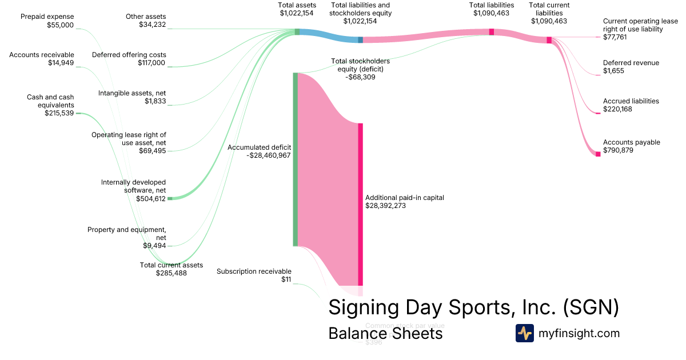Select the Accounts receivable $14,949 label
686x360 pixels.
(42, 59)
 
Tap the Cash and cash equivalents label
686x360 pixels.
(50, 105)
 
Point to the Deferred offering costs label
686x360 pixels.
(129, 59)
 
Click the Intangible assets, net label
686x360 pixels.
(131, 97)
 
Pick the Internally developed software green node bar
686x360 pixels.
(169, 198)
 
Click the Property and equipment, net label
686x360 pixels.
(126, 237)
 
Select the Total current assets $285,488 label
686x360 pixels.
(171, 269)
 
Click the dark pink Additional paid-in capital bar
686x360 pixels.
(360, 203)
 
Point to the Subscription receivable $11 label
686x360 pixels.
(254, 275)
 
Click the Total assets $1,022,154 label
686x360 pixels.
(297, 9)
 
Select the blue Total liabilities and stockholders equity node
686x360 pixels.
(360, 39)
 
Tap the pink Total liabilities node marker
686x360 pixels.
(491, 32)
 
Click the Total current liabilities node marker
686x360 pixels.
(549, 40)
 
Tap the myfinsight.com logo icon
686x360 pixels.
(524, 333)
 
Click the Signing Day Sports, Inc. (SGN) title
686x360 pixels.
(473, 307)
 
